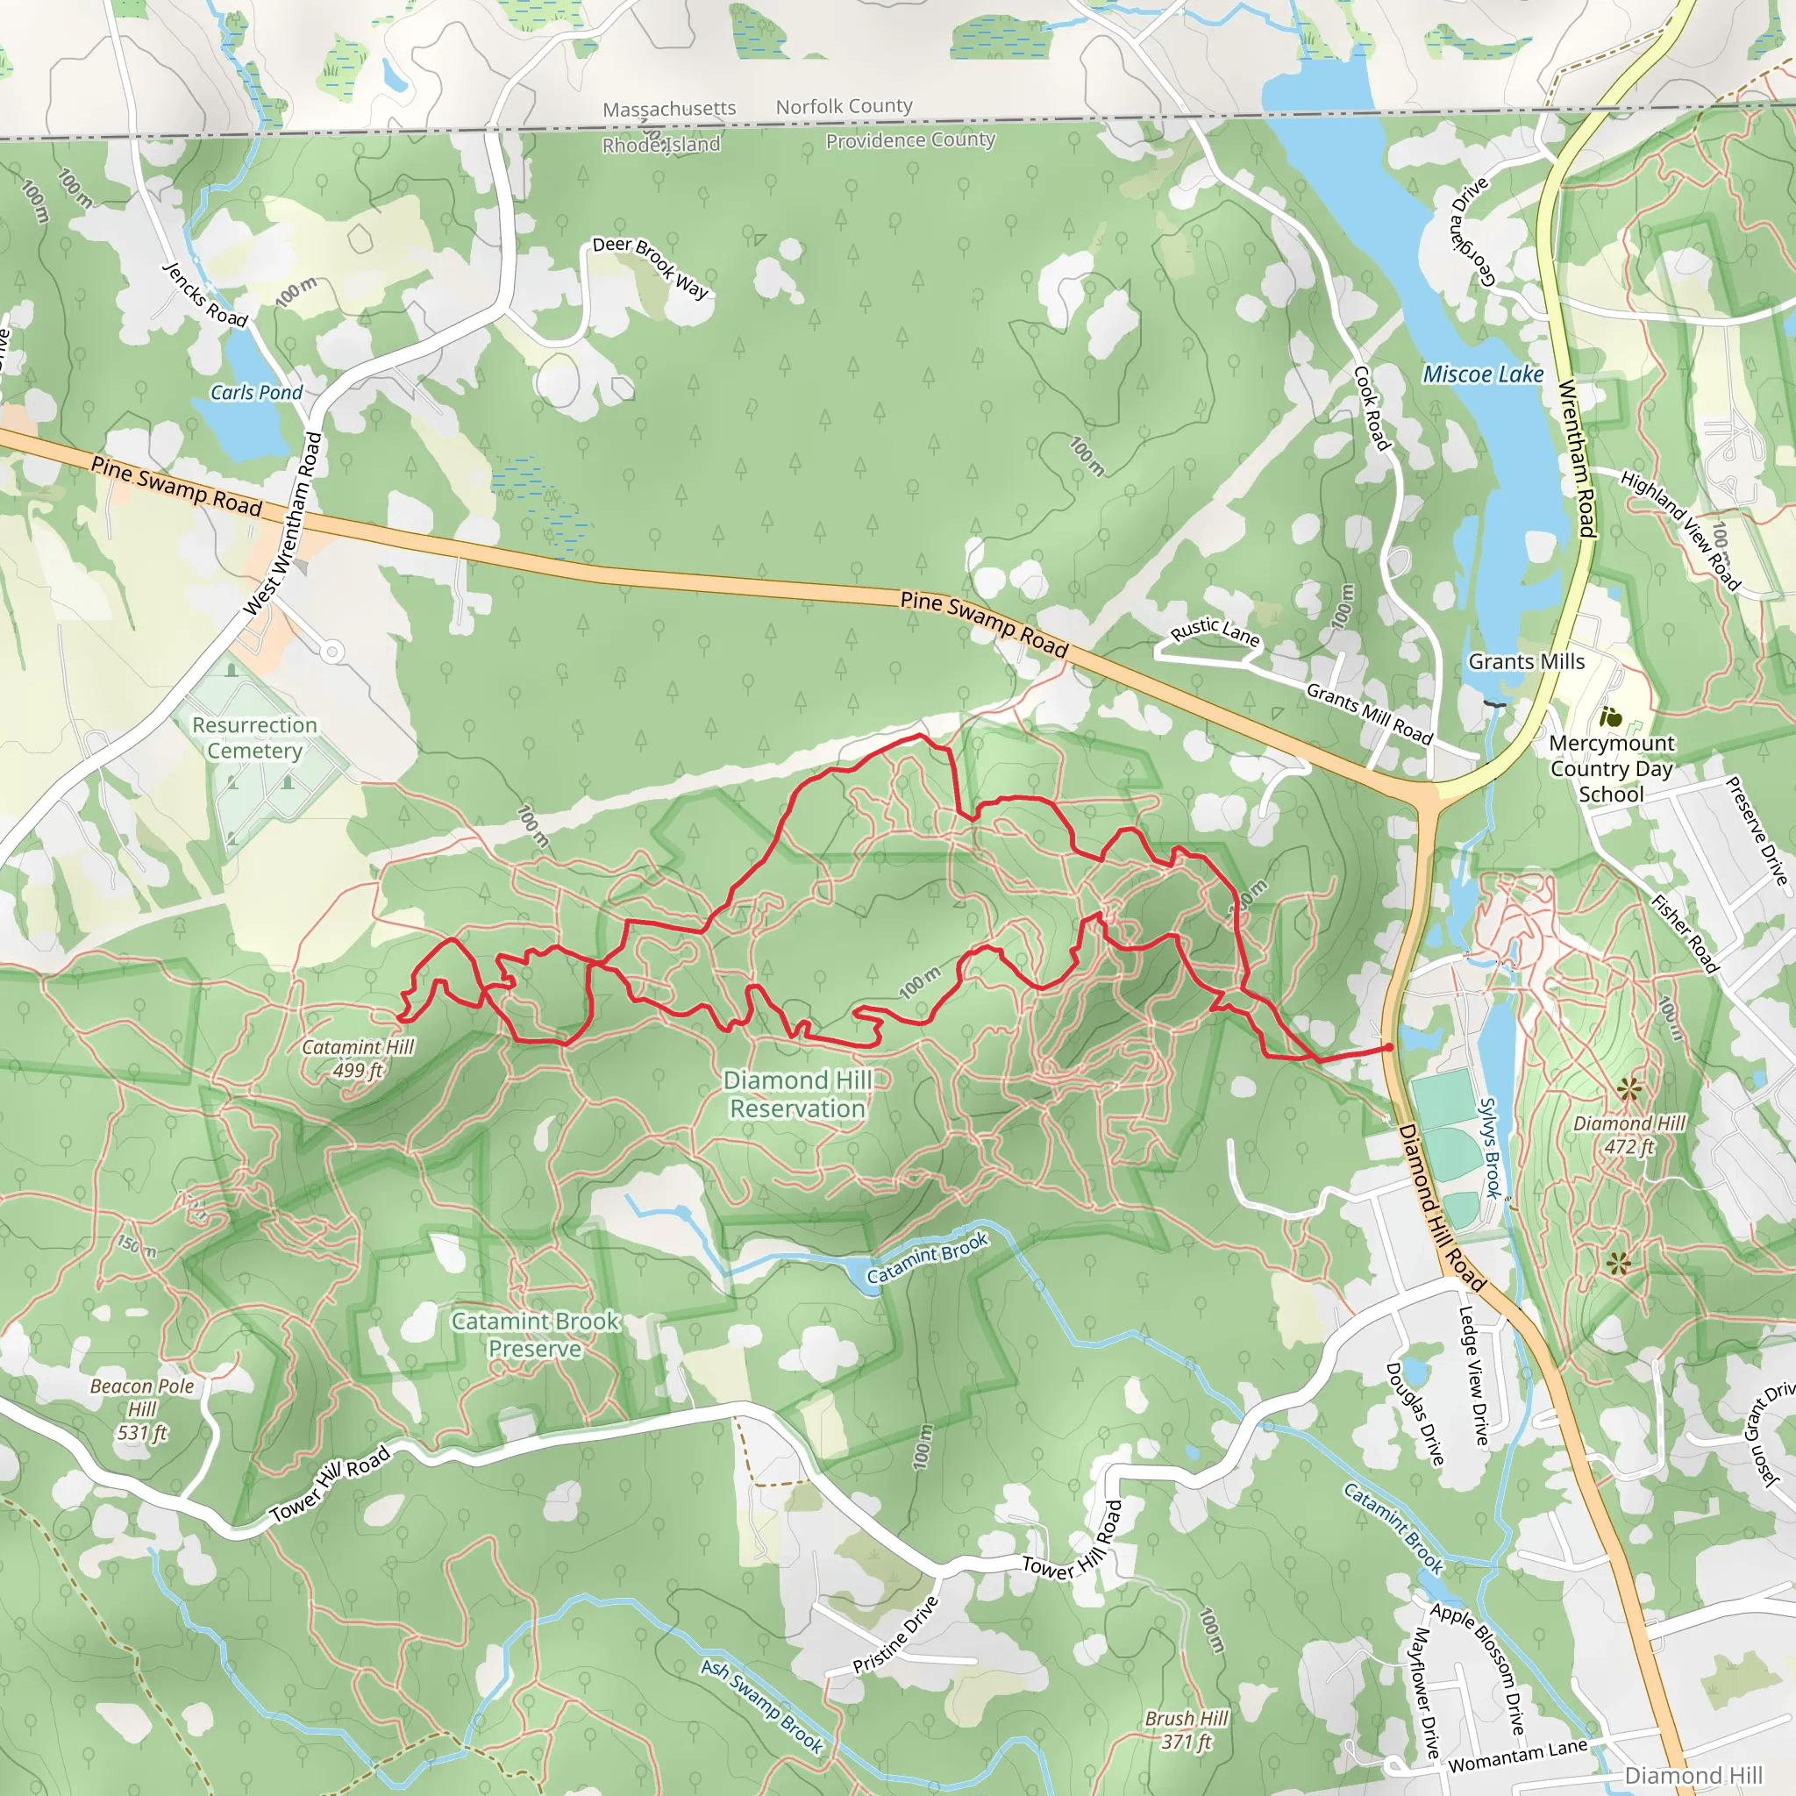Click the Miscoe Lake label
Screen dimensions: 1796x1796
pos(1483,374)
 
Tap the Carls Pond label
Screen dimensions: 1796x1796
pos(257,392)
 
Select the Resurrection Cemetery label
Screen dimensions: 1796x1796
pos(254,738)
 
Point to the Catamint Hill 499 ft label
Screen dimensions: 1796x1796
pos(358,1058)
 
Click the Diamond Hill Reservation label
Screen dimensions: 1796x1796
pos(798,1094)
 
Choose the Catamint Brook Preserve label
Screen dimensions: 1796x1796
pos(536,1334)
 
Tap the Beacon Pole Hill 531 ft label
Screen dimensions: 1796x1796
pos(142,1409)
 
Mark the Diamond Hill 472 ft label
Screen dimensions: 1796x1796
pos(1629,1135)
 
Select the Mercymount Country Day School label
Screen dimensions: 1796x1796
pos(1611,769)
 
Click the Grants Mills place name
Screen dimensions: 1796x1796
pos(1527,662)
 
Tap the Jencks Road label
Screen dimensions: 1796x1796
pos(205,295)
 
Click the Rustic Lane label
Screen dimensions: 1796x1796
pos(1215,632)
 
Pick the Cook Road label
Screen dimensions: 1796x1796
pos(1372,408)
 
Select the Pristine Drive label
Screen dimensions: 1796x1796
pos(896,1635)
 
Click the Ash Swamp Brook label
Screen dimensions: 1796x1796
pos(762,1707)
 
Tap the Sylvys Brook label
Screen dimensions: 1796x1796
pos(1490,1148)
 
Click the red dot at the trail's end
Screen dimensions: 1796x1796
pos(1389,1048)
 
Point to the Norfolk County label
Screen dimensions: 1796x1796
pos(845,107)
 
